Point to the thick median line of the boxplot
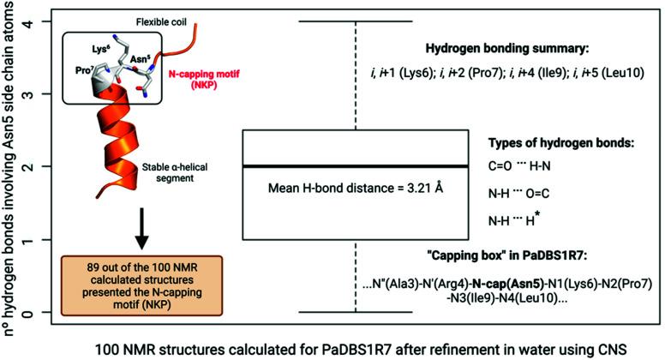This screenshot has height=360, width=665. pyautogui.click(x=355, y=166)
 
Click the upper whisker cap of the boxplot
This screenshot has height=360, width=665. pyautogui.click(x=355, y=21)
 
